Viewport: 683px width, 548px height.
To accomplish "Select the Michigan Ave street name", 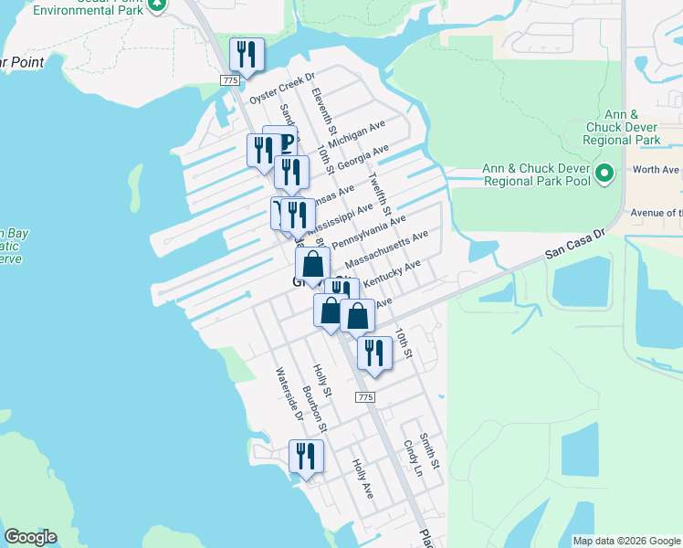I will click(x=359, y=133).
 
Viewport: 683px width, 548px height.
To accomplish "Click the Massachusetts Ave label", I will click(x=386, y=249).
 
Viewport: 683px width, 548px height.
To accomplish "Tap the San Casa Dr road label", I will click(x=575, y=243).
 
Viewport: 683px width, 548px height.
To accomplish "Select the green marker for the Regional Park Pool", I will click(x=604, y=173).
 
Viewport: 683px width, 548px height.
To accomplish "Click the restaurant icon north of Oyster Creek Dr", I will click(x=247, y=55).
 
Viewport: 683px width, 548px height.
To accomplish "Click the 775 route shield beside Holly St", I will click(x=365, y=397).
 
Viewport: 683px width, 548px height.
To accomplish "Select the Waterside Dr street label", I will click(x=289, y=393).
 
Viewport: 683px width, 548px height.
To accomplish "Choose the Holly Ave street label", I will click(x=363, y=478).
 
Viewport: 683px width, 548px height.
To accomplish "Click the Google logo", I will click(x=30, y=537).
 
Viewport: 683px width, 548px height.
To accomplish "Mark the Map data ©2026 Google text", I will click(x=625, y=541).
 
